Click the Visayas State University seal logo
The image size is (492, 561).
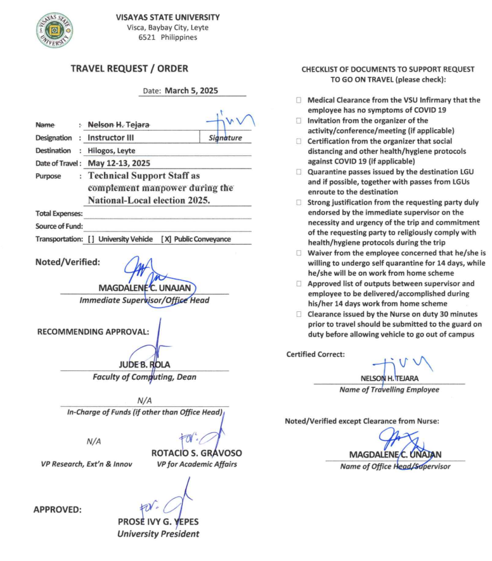coord(55,30)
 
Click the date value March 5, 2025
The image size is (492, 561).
coord(191,91)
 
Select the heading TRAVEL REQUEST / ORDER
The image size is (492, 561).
coord(129,68)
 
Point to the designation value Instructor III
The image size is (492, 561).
coord(110,137)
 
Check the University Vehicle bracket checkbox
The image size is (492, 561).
coord(92,239)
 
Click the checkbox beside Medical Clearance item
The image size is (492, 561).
coord(299,100)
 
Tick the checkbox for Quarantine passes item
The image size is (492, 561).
coord(299,171)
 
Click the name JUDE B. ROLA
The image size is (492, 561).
coord(145,364)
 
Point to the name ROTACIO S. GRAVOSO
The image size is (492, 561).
coord(197,453)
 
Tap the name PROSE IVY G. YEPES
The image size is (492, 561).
coord(158,521)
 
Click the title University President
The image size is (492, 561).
coord(158,534)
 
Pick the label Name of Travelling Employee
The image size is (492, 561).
coord(389,389)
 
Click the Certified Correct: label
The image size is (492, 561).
coord(316,354)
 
